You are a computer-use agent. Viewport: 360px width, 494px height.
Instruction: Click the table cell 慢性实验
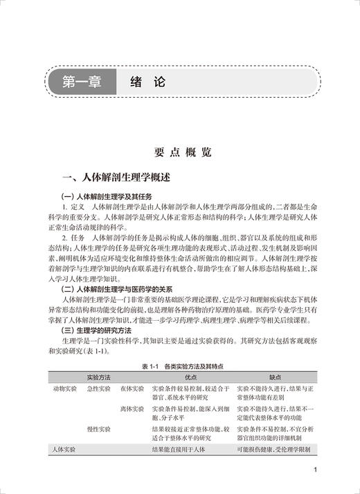click(98, 430)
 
